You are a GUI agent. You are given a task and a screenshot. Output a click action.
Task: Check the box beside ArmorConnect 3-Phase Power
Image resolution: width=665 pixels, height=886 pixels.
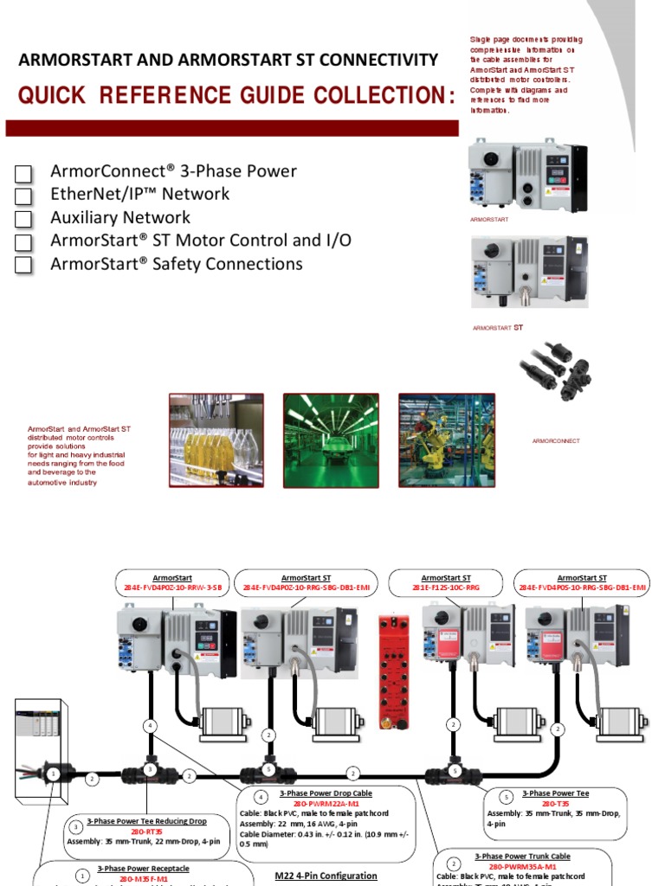coord(24,172)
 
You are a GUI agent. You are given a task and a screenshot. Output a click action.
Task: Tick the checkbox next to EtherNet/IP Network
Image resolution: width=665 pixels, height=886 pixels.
coord(24,196)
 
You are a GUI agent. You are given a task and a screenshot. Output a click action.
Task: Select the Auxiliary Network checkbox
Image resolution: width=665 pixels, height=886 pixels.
coord(24,219)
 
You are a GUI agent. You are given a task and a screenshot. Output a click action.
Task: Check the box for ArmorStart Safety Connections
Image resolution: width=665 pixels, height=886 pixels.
coord(24,265)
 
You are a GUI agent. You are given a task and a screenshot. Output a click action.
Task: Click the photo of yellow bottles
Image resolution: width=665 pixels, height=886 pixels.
coord(216,440)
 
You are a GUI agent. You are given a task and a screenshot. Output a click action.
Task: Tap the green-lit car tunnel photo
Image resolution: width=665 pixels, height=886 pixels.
coord(331,440)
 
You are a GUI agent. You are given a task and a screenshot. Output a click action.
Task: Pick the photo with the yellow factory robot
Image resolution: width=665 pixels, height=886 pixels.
coord(446,440)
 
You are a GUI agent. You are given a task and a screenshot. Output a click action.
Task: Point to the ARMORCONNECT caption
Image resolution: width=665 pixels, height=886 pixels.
coord(556,441)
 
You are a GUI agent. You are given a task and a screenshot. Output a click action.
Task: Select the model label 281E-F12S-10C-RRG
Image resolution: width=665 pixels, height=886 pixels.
coord(446,587)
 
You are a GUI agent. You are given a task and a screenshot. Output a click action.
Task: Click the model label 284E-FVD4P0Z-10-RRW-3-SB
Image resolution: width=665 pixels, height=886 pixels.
coord(173,587)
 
